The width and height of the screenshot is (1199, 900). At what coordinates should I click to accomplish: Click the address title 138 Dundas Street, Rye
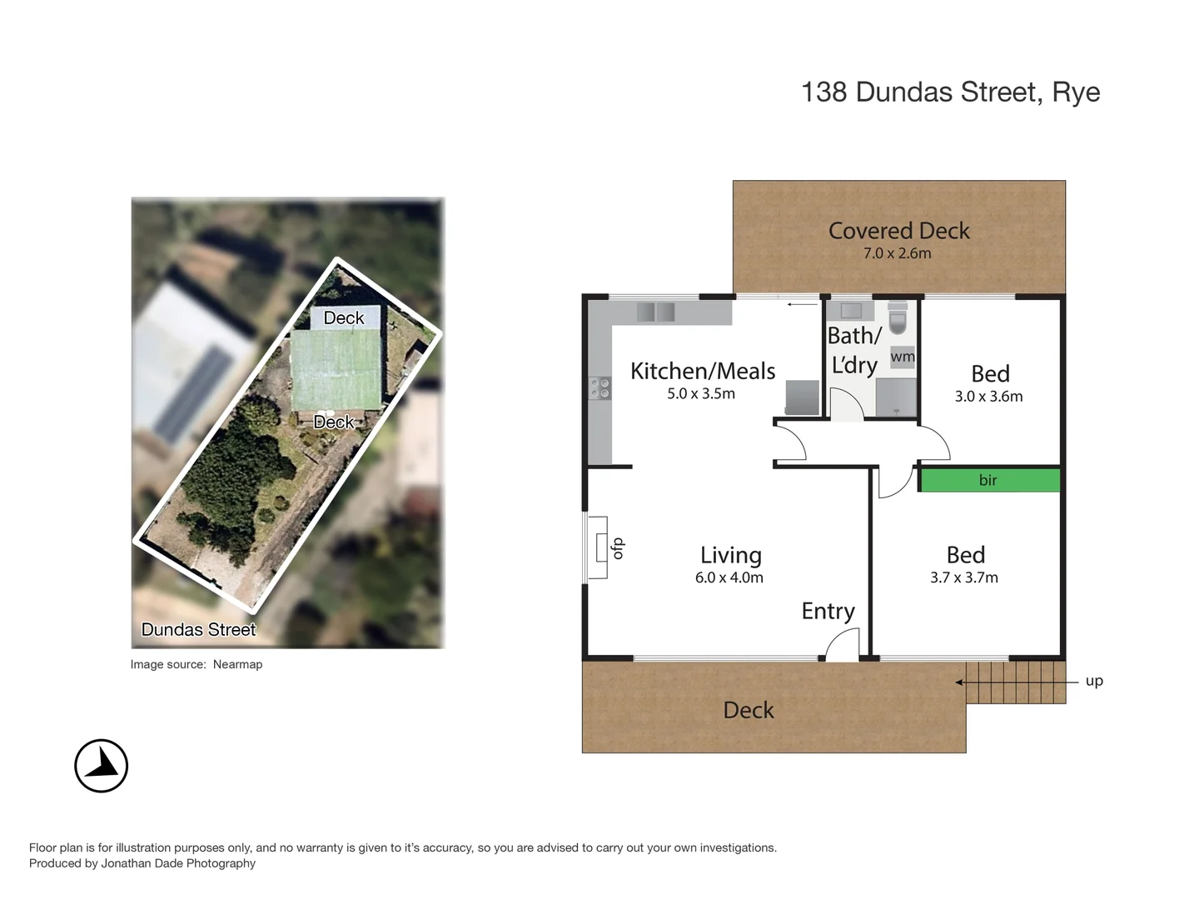coord(950,92)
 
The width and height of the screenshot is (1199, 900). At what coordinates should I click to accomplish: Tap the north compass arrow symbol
coord(102,765)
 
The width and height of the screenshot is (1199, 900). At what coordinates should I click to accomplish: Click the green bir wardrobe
coord(989,480)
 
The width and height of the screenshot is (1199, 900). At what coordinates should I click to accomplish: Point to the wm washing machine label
coord(903,357)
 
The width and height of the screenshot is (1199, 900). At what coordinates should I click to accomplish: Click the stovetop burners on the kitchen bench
coord(599,387)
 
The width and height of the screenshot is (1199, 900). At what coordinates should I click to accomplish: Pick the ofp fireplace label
coord(617,547)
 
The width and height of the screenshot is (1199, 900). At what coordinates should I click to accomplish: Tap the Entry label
coord(828,611)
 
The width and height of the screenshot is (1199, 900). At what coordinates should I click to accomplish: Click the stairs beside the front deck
coord(1016,682)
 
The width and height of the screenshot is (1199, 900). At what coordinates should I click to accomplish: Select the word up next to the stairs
coord(1094,681)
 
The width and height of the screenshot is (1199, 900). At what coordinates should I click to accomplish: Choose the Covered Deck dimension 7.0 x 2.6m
coord(897,253)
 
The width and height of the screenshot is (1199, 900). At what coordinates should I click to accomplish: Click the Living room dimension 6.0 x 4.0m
coord(729,577)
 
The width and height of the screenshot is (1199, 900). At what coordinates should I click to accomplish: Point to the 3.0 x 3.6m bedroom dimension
coord(988,397)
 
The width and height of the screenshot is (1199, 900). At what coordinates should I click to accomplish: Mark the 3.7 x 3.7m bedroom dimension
coord(963,577)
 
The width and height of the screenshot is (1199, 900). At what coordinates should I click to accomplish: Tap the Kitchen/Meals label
coord(703,371)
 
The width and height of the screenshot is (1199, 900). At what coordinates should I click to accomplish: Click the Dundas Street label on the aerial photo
coord(198,630)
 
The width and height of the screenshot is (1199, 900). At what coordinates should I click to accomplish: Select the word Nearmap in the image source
coord(237,664)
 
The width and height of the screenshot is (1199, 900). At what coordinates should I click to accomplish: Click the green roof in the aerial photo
coord(336,369)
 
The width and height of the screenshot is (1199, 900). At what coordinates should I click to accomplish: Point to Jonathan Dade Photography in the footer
coord(178,863)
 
